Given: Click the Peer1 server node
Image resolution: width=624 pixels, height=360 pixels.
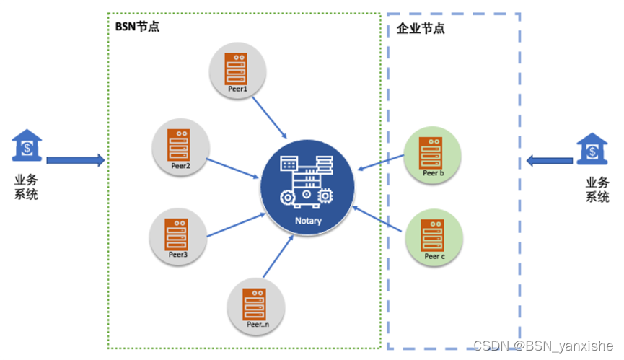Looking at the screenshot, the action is click(237, 71).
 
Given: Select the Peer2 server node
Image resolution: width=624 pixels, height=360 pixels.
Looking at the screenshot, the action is click(180, 147).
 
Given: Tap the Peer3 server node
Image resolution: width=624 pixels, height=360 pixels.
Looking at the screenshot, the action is click(178, 237).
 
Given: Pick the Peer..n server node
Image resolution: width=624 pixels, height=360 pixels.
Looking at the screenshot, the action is click(256, 307).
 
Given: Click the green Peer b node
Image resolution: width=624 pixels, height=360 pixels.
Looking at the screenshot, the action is click(432, 155).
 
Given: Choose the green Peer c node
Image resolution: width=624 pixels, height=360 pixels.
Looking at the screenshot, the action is click(434, 237).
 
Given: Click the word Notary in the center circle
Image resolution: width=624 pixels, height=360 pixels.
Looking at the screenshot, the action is click(309, 221).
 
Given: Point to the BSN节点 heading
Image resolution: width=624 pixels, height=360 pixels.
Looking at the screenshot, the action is click(137, 27).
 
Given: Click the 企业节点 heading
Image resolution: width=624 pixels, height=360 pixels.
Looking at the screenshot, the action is click(421, 28).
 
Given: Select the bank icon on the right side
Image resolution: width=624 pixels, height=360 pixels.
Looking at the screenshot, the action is click(592, 149).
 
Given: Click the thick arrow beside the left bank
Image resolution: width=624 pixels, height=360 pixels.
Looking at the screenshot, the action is click(76, 160).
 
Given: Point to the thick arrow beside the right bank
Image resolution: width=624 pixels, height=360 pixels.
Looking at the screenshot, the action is click(550, 161).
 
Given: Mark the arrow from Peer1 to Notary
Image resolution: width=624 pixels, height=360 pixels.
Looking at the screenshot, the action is click(269, 118).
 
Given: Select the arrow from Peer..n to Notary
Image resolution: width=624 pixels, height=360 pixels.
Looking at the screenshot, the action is click(278, 256).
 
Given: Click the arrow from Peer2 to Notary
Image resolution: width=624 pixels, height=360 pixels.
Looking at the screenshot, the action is click(232, 168).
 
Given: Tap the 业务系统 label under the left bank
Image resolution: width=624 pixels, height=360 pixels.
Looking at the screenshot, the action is click(26, 187).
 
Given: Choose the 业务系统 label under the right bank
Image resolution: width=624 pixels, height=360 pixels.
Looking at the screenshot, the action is click(597, 190).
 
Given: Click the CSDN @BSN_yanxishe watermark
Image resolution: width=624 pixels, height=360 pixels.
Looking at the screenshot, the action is click(543, 346).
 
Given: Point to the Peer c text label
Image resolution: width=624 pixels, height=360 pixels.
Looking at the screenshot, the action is click(434, 257).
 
